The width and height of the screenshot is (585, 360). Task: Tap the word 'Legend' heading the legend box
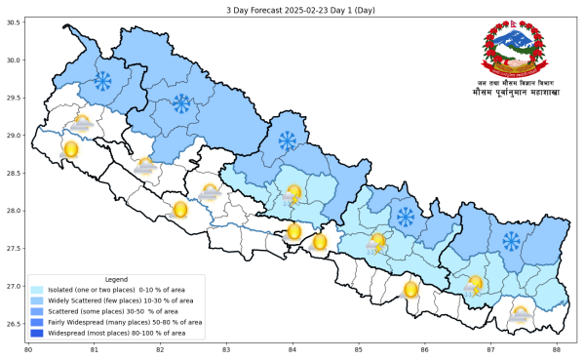[115, 279]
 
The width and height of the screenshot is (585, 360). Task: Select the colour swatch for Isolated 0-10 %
[37, 290]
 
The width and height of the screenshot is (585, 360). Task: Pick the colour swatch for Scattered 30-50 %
[37, 311]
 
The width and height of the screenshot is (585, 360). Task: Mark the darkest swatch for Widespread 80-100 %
[37, 333]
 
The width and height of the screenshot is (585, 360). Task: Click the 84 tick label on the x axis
[292, 348]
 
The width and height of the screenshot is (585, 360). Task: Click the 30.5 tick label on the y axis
[14, 21]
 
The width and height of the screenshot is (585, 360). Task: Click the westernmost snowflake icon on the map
[100, 79]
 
